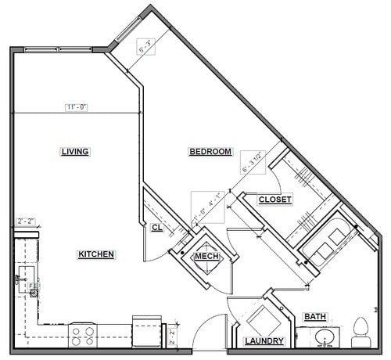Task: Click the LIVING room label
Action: tap(75, 152)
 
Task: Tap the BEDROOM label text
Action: tap(210, 152)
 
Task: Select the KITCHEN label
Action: tap(97, 254)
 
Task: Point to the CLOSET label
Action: tap(274, 200)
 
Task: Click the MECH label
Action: tap(206, 256)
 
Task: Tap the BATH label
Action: tap(316, 317)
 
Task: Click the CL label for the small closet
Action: tap(156, 228)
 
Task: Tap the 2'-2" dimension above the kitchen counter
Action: tap(27, 221)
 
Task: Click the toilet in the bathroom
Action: tap(361, 332)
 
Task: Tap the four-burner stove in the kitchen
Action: tap(84, 336)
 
